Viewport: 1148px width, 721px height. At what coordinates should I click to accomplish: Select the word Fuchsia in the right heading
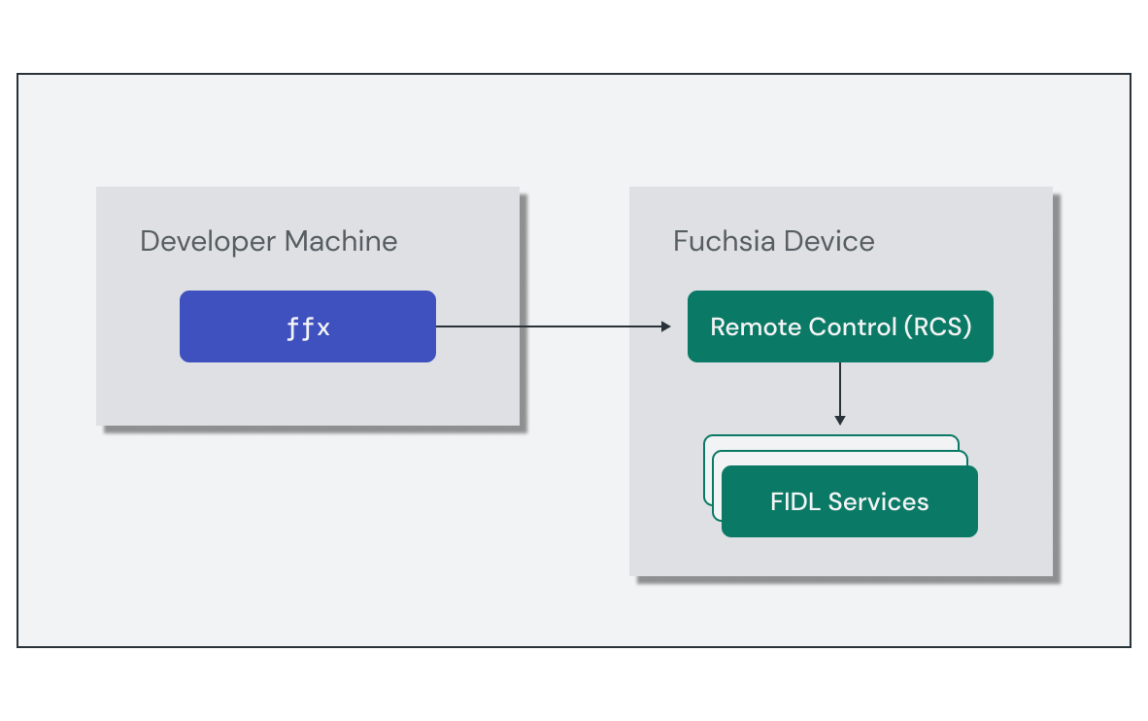click(716, 240)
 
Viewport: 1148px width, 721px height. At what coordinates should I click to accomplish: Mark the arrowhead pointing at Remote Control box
click(666, 326)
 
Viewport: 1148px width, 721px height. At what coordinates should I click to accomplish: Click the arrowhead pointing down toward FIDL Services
click(840, 420)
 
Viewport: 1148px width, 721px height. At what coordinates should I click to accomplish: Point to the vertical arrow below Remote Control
click(840, 389)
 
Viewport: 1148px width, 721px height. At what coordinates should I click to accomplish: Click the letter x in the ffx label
click(323, 328)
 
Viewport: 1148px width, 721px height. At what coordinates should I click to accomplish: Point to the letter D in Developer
click(150, 240)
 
